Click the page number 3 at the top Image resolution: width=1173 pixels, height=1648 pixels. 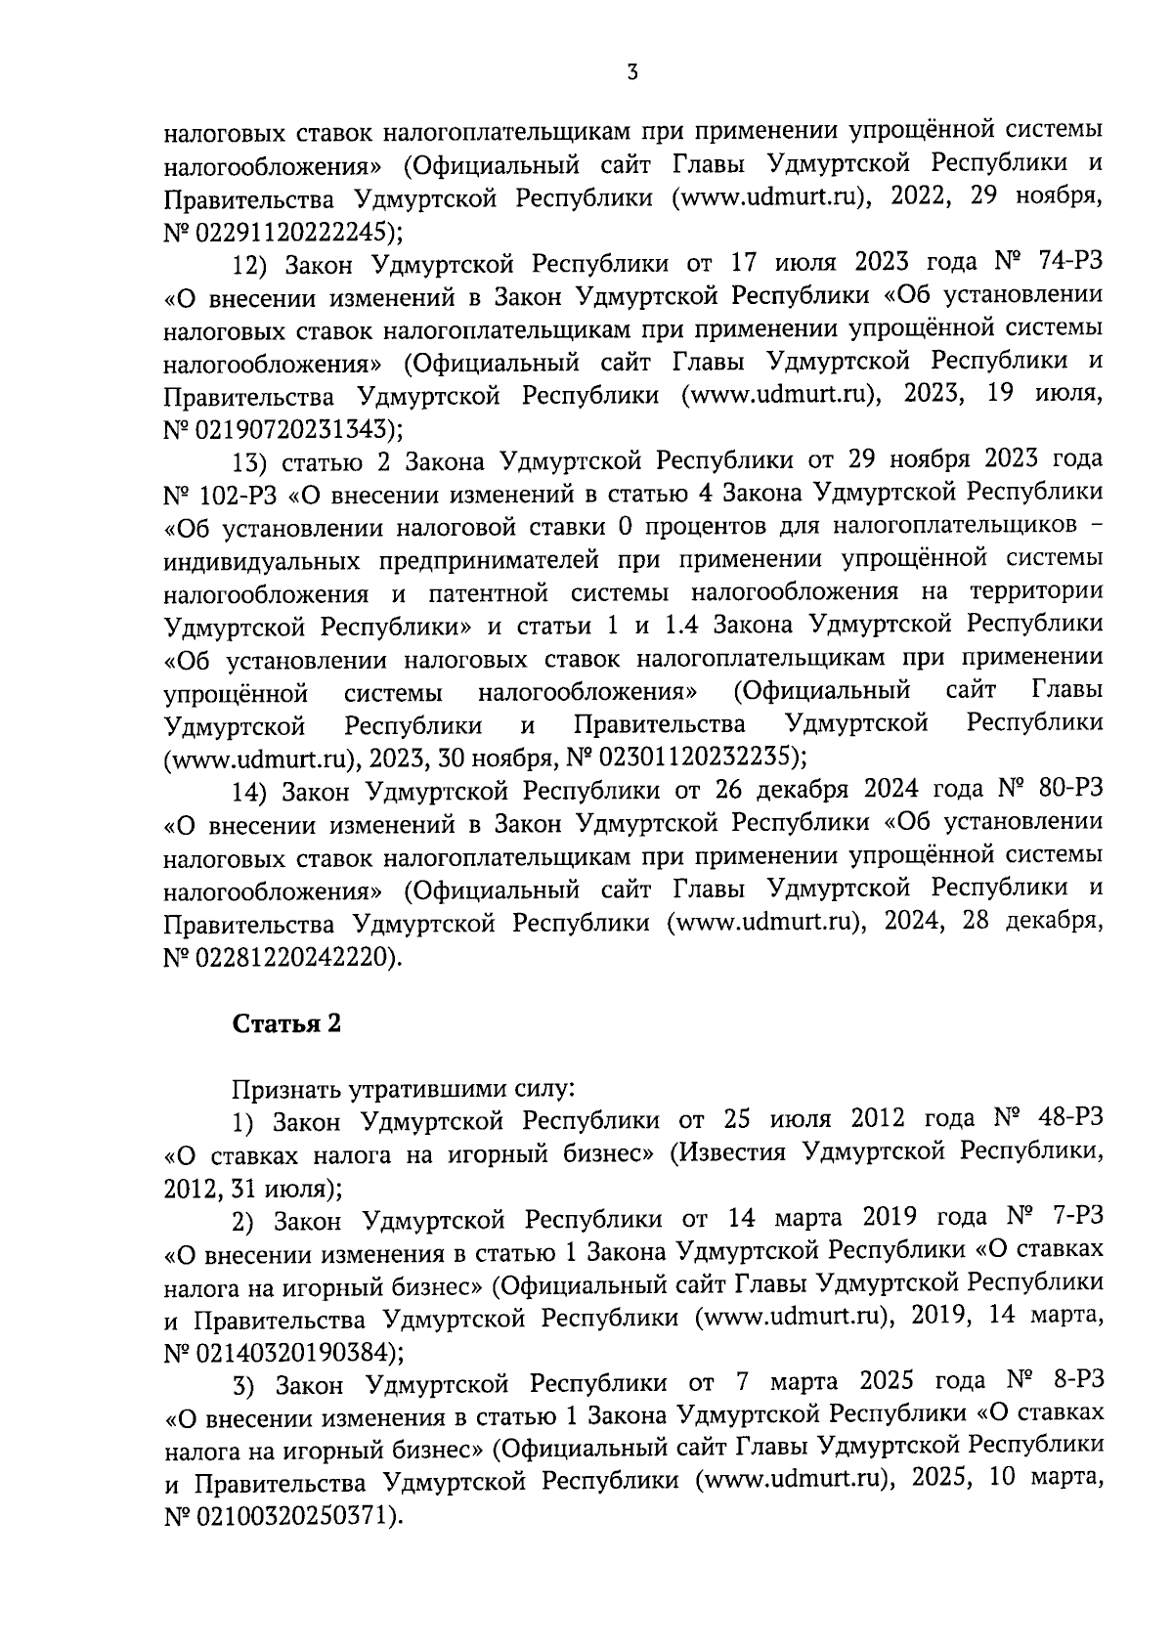632,71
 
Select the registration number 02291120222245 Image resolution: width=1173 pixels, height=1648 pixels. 295,232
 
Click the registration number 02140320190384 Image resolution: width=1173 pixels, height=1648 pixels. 295,1353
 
